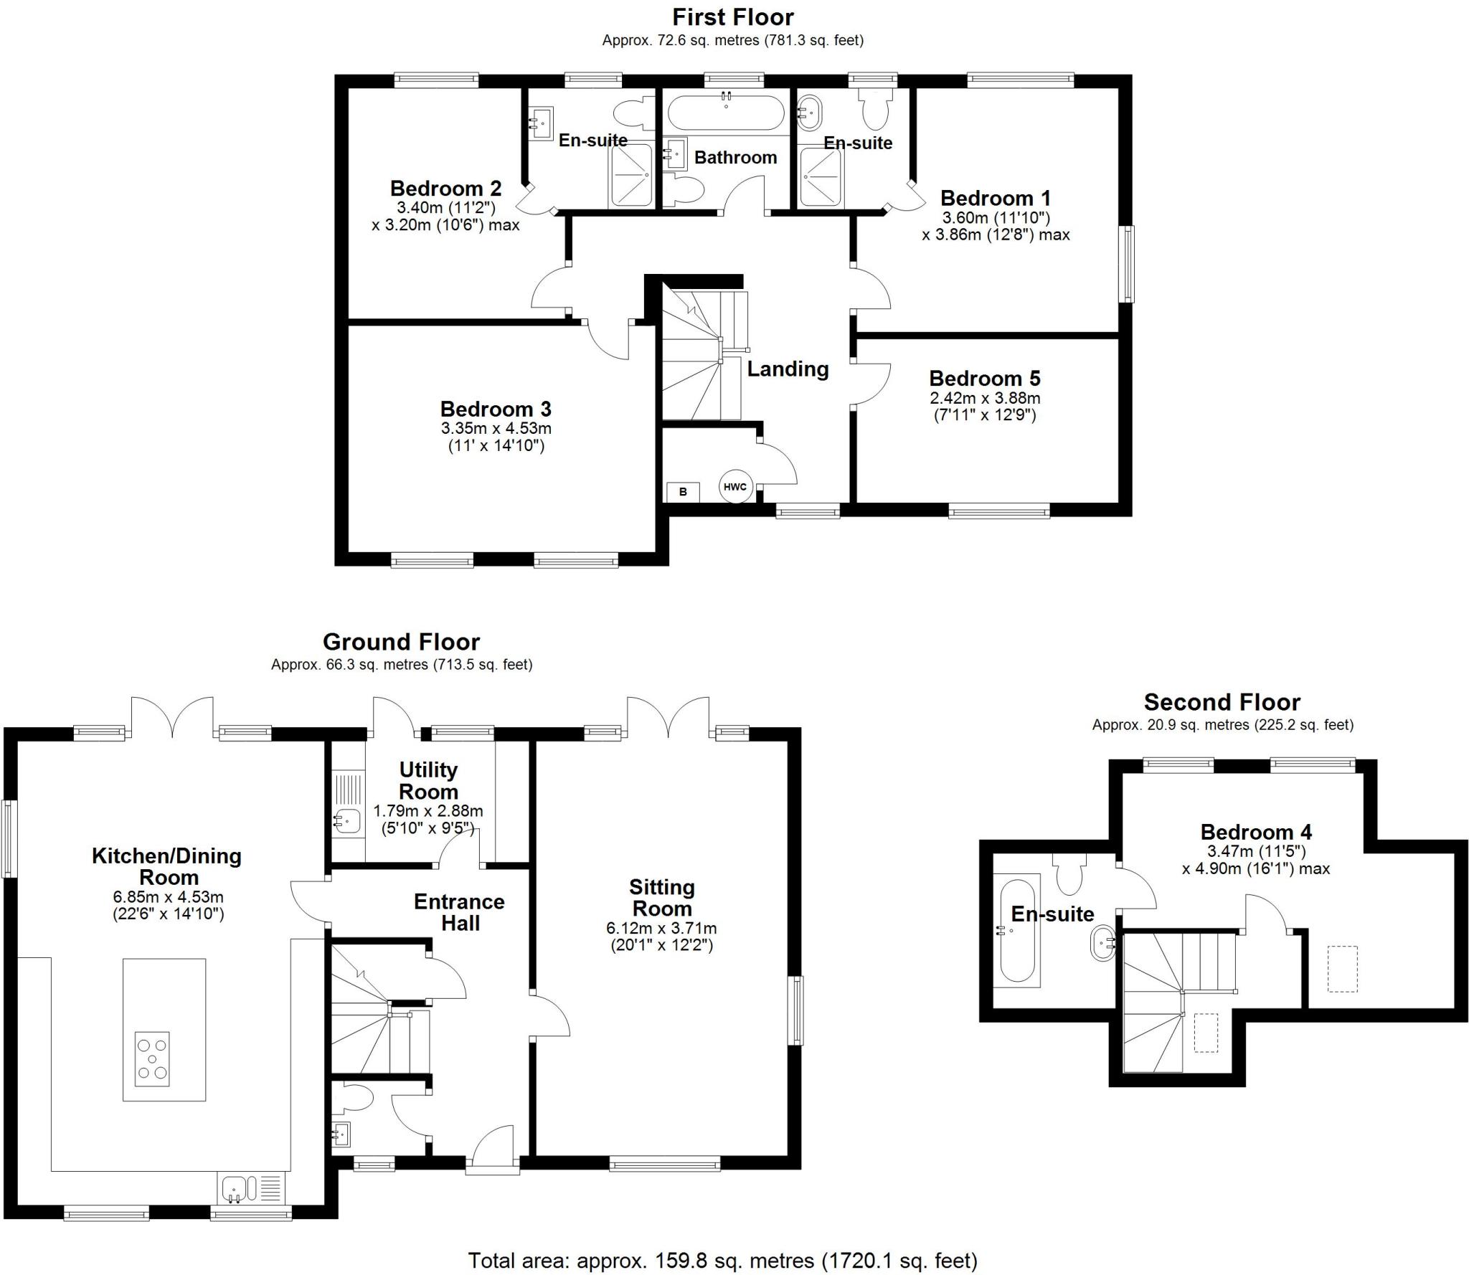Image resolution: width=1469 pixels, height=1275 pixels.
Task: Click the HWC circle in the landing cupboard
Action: tap(735, 487)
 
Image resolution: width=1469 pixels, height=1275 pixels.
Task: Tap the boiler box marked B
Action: tap(683, 492)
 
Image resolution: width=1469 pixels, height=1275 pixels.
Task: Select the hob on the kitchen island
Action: tap(152, 1059)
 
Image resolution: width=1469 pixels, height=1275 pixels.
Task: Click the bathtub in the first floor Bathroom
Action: tap(726, 113)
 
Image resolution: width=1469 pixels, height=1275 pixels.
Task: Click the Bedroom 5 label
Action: tap(985, 378)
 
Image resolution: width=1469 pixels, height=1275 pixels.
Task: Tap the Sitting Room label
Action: tap(661, 898)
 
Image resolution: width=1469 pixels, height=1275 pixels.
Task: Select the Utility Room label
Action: tap(428, 780)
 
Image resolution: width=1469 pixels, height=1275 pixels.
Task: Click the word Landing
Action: tap(788, 369)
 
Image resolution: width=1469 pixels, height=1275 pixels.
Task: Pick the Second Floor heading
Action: tap(1222, 701)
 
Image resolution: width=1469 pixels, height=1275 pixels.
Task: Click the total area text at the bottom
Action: tap(722, 1260)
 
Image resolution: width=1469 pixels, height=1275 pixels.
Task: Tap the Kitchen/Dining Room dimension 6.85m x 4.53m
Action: tap(169, 897)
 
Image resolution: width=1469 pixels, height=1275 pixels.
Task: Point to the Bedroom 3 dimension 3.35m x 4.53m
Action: tap(496, 429)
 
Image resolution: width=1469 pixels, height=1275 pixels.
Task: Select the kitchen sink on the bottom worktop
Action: tap(236, 1188)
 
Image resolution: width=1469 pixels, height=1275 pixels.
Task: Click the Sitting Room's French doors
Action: tap(669, 716)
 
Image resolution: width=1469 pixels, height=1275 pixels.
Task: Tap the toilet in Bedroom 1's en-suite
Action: tap(875, 108)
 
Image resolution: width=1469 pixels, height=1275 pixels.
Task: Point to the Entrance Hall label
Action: tap(459, 912)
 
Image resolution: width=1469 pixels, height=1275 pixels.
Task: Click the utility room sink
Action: tap(346, 820)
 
